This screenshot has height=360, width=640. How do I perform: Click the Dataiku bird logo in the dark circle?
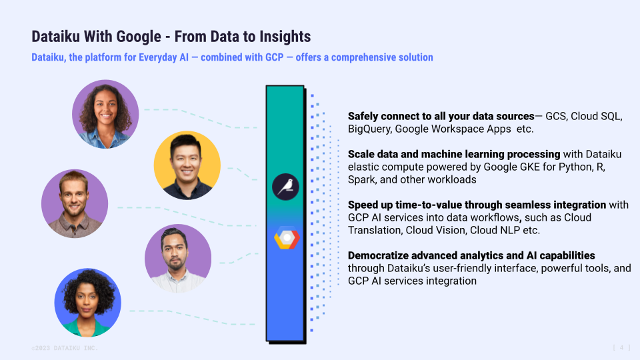(285, 186)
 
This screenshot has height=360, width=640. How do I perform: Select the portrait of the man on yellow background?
(187, 165)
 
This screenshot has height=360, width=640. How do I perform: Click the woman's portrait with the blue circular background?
(87, 302)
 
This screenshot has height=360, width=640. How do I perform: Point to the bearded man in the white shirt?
(178, 258)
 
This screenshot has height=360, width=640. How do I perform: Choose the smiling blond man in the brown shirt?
(75, 203)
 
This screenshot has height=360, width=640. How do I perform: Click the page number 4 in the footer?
(621, 347)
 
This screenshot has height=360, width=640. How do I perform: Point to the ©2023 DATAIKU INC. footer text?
(65, 348)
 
